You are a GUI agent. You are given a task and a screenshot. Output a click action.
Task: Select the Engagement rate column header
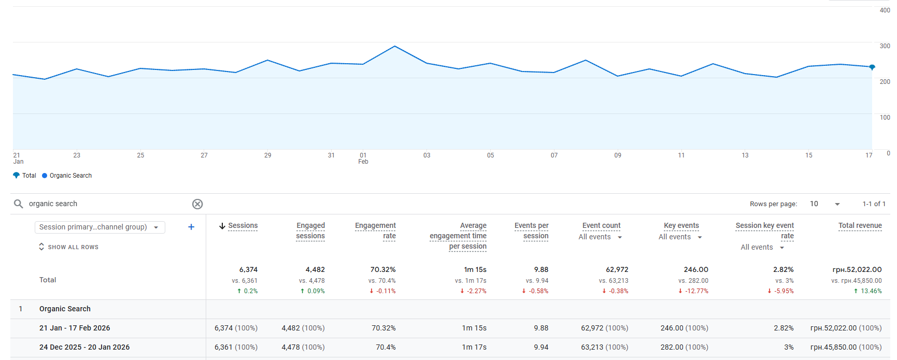(x=375, y=231)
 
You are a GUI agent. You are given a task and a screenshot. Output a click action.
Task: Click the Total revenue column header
(x=860, y=225)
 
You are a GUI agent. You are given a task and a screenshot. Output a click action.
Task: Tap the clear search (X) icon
(x=197, y=204)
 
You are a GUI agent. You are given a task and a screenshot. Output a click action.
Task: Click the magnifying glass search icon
(x=19, y=204)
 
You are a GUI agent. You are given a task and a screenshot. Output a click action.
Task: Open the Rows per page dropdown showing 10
(x=824, y=204)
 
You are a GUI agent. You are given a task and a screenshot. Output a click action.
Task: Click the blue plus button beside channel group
(x=191, y=227)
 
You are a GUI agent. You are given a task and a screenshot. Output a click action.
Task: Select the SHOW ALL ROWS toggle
(x=69, y=247)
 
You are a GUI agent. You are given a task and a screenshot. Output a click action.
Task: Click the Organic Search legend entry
(x=67, y=176)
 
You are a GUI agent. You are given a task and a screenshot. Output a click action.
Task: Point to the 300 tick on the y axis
(x=885, y=46)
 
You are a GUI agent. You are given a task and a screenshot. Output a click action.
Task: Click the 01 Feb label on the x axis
(x=363, y=158)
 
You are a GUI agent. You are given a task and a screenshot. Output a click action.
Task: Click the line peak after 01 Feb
(x=395, y=46)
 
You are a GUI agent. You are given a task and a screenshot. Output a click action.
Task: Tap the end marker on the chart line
(x=872, y=67)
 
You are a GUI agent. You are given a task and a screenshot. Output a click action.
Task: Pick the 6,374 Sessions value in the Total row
(x=248, y=270)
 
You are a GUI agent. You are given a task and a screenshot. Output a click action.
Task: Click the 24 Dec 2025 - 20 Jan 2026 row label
(x=84, y=347)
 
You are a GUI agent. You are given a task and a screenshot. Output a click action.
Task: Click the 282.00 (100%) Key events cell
(x=684, y=347)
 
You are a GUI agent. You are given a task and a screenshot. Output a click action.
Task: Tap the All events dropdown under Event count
(x=601, y=237)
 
